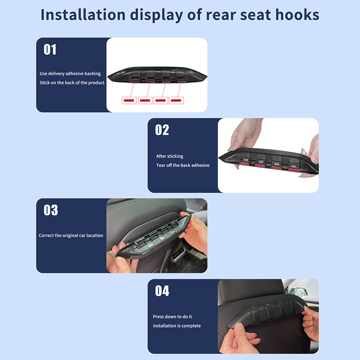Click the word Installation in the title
click(x=83, y=15)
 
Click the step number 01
click(x=50, y=49)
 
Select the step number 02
click(x=162, y=130)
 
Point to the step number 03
click(x=51, y=210)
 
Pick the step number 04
click(x=162, y=291)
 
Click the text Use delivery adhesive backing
click(x=70, y=74)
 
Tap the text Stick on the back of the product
click(x=72, y=83)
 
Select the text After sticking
click(x=170, y=156)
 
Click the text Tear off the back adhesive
click(x=183, y=165)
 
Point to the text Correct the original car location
click(x=71, y=235)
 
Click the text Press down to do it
click(x=172, y=317)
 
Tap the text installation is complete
click(x=177, y=326)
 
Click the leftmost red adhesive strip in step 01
click(x=129, y=100)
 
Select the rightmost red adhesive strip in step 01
click(x=176, y=100)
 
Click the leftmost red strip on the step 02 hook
click(x=245, y=164)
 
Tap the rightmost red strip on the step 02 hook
click(x=294, y=170)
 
